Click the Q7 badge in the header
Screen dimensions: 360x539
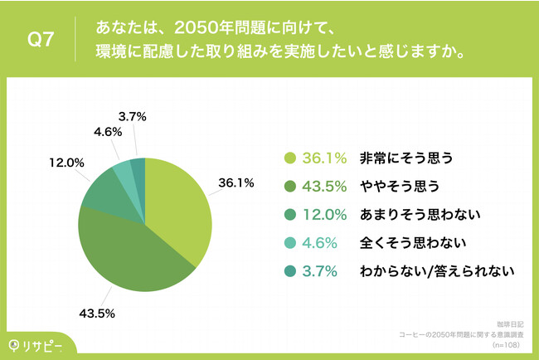41,40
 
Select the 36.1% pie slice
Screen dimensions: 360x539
178,207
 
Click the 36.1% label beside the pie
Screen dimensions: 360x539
236,182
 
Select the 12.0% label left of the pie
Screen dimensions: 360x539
67,163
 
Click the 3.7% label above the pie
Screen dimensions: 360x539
133,118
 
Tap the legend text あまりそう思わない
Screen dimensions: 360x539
409,215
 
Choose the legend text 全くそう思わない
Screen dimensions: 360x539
401,243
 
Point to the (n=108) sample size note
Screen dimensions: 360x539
507,342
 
